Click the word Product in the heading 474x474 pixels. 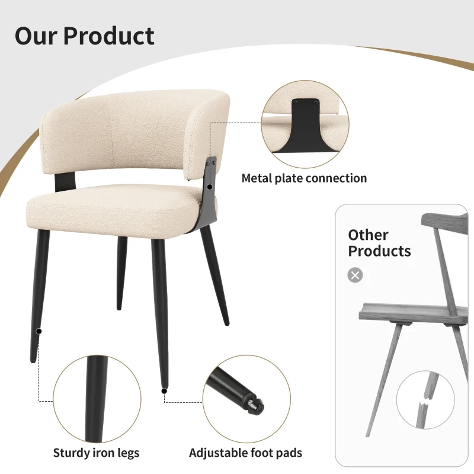[x=109, y=36]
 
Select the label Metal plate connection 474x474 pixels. [x=304, y=178]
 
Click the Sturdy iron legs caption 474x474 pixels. [x=97, y=453]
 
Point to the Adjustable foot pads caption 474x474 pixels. [x=245, y=453]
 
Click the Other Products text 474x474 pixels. [x=379, y=243]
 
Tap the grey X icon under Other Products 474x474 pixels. [x=355, y=275]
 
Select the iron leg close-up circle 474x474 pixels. [x=97, y=398]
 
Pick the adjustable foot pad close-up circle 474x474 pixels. [x=246, y=398]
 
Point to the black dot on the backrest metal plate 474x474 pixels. [x=209, y=187]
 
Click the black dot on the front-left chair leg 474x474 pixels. [x=39, y=331]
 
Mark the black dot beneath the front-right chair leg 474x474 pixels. [x=163, y=390]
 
